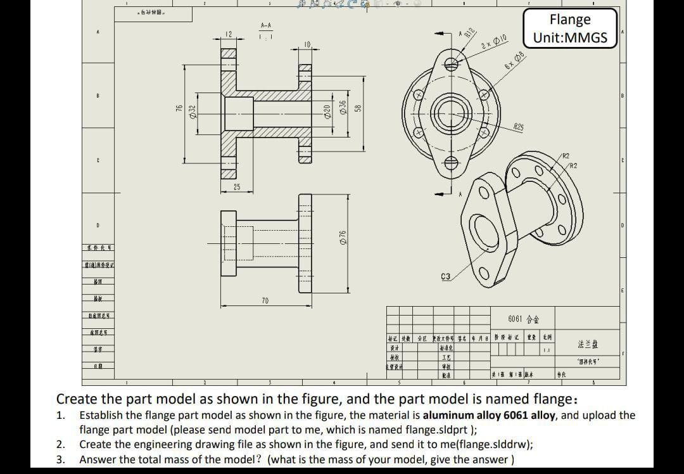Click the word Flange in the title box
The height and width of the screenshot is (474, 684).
pos(570,20)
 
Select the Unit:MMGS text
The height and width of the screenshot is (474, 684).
pos(570,37)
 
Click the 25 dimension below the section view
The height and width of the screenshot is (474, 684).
pos(237,187)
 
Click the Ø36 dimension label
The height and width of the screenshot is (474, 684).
pos(343,108)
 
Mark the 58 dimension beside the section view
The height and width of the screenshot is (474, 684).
pos(358,109)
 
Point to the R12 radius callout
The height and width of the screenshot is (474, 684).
pos(469,34)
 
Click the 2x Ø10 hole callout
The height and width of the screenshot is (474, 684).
pos(495,42)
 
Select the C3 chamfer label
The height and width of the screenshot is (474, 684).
pos(445,277)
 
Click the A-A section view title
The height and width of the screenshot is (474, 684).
pos(267,25)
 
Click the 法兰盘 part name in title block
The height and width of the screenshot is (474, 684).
pos(588,345)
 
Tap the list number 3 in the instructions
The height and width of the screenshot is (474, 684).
pos(60,459)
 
